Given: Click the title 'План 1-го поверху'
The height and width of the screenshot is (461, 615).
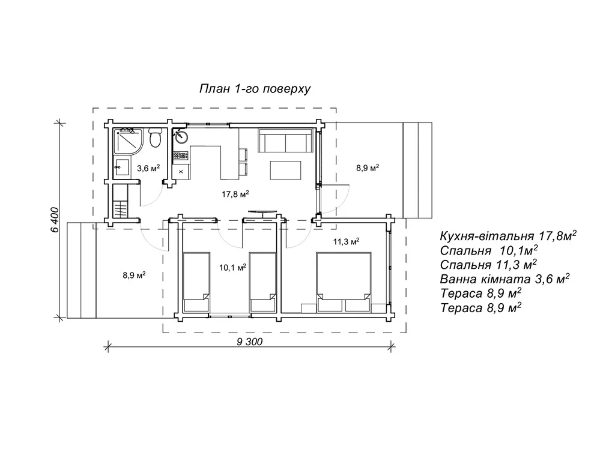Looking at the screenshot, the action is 255,89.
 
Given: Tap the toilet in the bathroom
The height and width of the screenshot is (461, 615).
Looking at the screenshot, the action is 156,138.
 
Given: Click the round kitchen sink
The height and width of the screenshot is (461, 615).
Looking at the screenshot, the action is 181,137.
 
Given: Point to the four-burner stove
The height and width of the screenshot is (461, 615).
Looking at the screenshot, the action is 181,155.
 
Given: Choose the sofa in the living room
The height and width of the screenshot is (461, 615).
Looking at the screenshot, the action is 285,140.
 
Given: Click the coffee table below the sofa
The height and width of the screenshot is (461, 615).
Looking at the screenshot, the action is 285,170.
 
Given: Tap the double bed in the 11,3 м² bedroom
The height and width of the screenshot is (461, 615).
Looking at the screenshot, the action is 344,282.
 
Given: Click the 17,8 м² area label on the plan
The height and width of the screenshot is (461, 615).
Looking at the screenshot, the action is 235,194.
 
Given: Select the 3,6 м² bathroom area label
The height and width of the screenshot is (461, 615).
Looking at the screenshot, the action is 148,169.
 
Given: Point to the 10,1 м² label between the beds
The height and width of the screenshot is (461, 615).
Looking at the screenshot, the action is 232,267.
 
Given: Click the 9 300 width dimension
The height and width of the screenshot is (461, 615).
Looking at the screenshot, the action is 249,342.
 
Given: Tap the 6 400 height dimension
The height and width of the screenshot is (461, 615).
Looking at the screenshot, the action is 55,220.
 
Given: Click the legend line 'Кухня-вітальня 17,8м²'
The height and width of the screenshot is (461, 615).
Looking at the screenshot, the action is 508,235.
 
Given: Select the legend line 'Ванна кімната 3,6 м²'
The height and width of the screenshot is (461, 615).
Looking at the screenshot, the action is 504,279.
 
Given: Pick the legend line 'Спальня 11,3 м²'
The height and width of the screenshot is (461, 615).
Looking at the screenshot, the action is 488,265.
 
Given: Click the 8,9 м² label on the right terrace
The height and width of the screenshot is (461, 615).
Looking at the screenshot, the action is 368,168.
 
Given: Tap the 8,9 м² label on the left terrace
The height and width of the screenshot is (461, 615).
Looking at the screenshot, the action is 134,275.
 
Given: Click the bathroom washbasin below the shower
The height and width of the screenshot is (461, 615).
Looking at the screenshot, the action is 121,167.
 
